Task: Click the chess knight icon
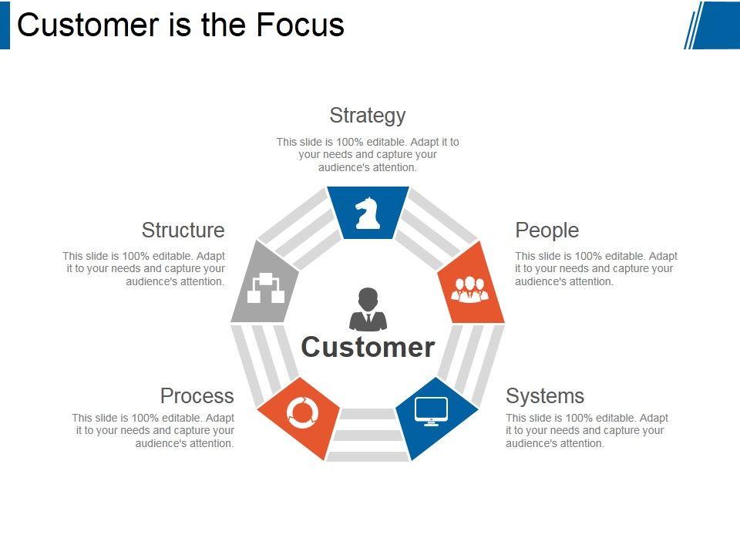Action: pyautogui.click(x=368, y=213)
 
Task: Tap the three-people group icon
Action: pyautogui.click(x=469, y=288)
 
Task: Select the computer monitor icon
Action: pyautogui.click(x=431, y=410)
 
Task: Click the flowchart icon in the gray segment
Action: pyautogui.click(x=264, y=288)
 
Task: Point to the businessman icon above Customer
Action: pyautogui.click(x=368, y=309)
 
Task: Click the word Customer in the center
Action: pyautogui.click(x=368, y=347)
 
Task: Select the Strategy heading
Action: pyautogui.click(x=367, y=116)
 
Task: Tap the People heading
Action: pyautogui.click(x=547, y=230)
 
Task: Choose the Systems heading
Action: pyautogui.click(x=544, y=396)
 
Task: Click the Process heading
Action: pyautogui.click(x=197, y=396)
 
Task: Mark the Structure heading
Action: pyautogui.click(x=183, y=230)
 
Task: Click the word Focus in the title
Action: pyautogui.click(x=300, y=25)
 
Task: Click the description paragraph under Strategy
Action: pyautogui.click(x=367, y=154)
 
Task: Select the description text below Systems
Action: pyautogui.click(x=586, y=430)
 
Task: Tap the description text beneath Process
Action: pyautogui.click(x=154, y=430)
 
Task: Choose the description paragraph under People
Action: pyautogui.click(x=595, y=269)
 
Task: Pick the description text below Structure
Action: pyautogui.click(x=145, y=269)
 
